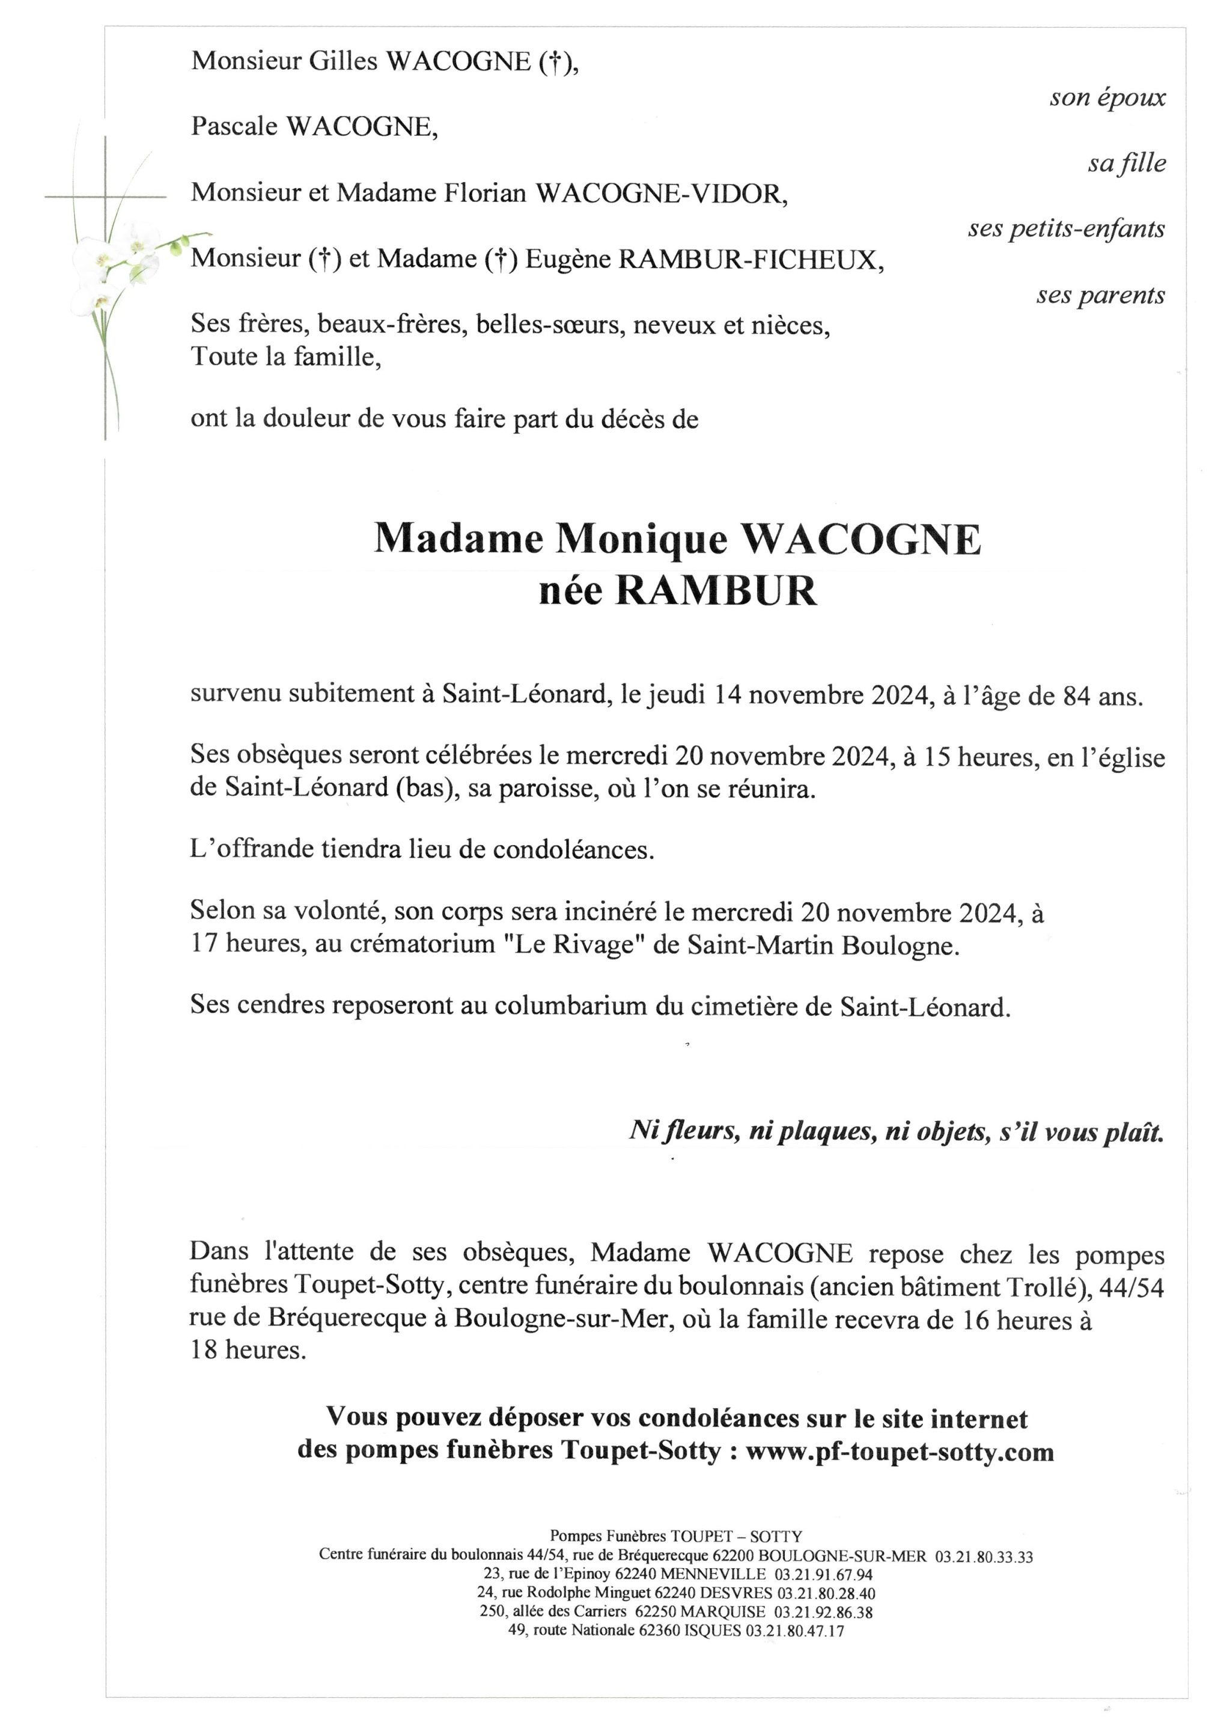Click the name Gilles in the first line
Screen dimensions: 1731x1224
343,61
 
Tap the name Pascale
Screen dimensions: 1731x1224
234,127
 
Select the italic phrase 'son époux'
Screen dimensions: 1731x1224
1107,97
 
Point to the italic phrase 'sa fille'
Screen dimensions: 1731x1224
1126,163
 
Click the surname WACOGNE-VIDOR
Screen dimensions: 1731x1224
660,194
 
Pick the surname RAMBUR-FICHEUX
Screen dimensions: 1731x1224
750,259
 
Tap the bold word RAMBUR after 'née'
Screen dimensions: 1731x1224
716,591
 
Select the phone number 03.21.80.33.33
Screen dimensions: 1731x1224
983,1557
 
